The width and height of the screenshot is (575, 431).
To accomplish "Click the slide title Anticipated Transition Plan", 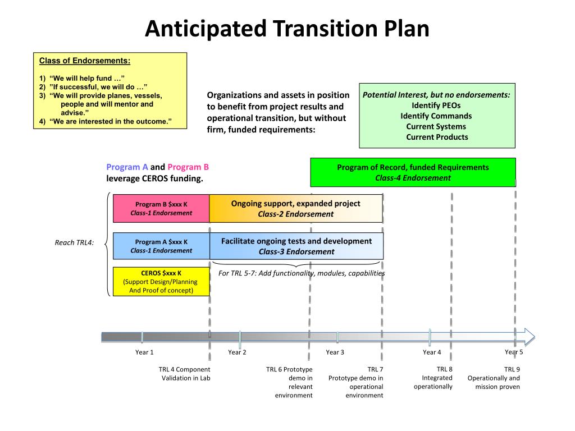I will [287, 29].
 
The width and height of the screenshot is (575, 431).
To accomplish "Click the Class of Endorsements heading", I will [84, 61].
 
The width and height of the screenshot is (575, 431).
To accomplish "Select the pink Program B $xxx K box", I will [161, 208].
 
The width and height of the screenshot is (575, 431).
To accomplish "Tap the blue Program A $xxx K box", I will [161, 246].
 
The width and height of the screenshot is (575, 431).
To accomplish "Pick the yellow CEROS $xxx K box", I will [161, 282].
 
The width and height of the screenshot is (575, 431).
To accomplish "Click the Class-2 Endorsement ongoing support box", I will [296, 208].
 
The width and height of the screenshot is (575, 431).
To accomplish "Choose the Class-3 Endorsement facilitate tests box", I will [296, 246].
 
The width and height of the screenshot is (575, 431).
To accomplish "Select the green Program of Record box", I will [413, 172].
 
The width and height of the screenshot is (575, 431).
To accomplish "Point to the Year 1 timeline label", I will [144, 352].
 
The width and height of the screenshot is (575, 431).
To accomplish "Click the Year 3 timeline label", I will [335, 352].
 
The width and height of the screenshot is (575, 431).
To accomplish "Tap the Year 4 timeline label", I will [432, 352].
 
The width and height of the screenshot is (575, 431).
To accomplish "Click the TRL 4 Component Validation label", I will [184, 374].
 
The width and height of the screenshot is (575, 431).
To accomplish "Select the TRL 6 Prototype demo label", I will [289, 382].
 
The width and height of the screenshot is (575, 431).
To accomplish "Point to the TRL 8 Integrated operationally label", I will [433, 378].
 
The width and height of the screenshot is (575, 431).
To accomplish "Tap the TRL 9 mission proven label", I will [494, 378].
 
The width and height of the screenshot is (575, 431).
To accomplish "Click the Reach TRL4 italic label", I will [74, 242].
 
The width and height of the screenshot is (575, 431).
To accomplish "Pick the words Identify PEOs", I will [436, 106].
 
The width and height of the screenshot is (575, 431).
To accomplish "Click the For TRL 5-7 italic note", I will [302, 273].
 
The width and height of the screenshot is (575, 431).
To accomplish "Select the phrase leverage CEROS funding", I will [154, 178].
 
